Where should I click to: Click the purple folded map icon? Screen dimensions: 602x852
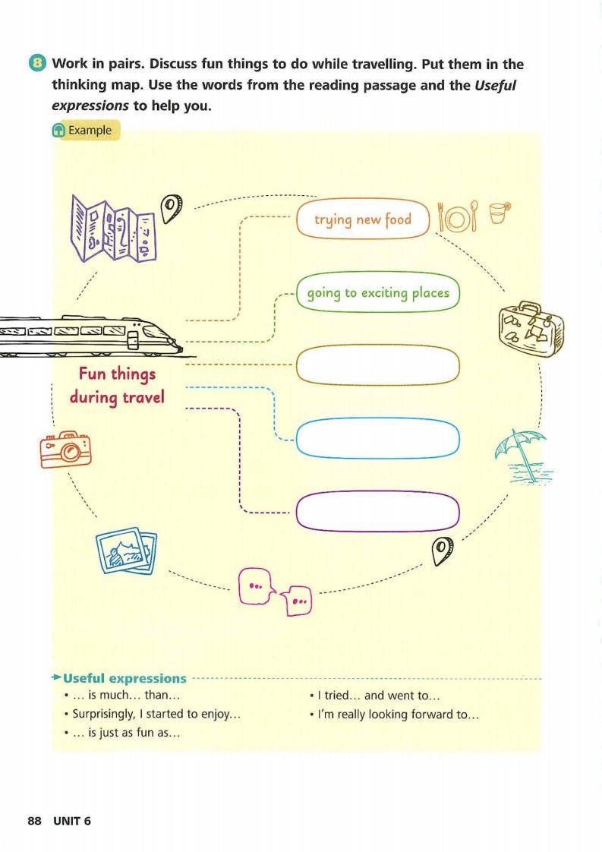click(x=114, y=229)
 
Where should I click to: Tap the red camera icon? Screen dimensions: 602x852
click(x=66, y=450)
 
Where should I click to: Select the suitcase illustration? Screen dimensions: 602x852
click(x=531, y=330)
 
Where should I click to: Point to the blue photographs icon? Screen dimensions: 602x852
click(x=126, y=551)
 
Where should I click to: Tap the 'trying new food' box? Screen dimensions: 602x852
click(x=363, y=219)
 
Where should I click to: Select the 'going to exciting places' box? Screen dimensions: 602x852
click(x=378, y=293)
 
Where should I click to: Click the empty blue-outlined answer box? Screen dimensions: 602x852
click(x=378, y=438)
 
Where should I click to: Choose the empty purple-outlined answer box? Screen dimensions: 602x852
click(x=378, y=511)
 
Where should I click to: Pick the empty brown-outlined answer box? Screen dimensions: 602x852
click(x=378, y=365)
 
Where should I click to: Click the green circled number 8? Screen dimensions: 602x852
click(x=37, y=63)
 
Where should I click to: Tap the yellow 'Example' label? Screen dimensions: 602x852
click(x=86, y=131)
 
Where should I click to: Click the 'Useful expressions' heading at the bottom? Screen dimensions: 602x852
click(x=124, y=678)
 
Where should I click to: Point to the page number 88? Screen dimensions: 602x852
click(x=34, y=821)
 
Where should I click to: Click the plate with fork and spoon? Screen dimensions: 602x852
click(x=458, y=217)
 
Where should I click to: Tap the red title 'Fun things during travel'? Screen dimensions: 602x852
click(x=117, y=385)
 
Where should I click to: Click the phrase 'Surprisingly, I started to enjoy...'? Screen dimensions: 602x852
click(x=156, y=714)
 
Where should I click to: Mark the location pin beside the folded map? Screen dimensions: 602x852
click(x=171, y=207)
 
